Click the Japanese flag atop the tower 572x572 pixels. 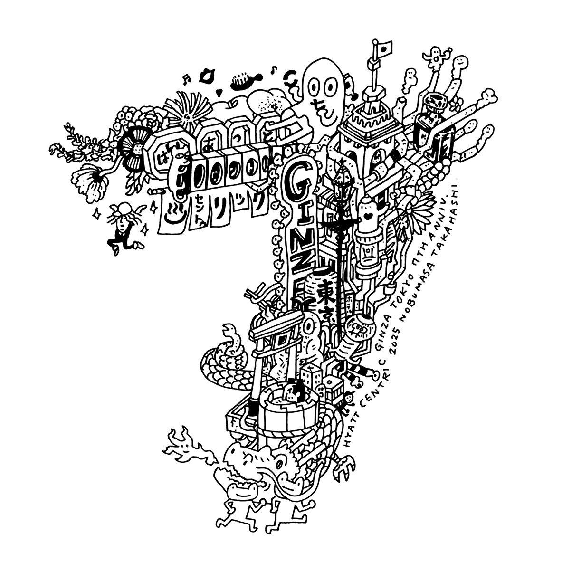383,47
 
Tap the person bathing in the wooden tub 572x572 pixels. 296,392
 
